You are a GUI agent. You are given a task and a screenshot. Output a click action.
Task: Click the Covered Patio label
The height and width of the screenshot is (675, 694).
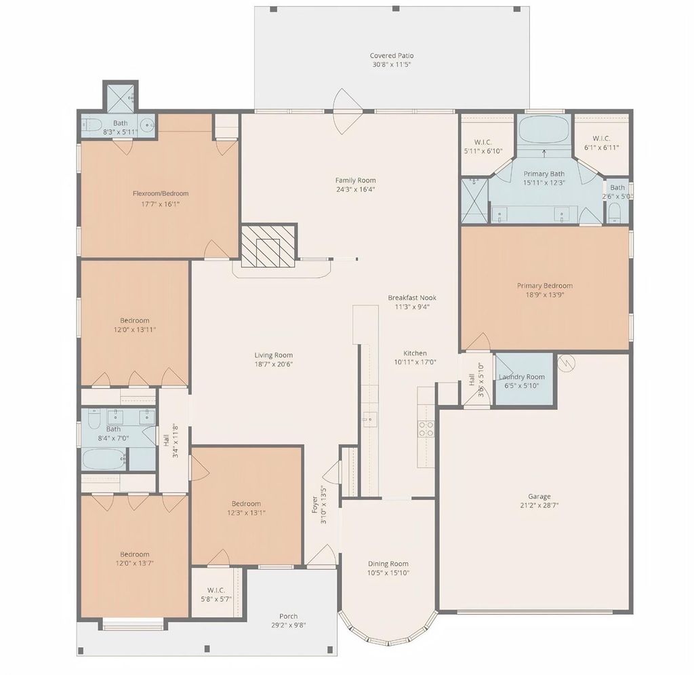click(392, 56)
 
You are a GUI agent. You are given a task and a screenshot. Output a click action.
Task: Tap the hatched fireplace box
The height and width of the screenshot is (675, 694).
click(268, 246)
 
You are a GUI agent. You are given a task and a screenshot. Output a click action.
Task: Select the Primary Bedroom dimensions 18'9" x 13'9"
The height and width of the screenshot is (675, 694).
click(545, 295)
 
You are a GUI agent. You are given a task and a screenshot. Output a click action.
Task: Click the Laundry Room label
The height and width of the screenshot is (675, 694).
click(522, 377)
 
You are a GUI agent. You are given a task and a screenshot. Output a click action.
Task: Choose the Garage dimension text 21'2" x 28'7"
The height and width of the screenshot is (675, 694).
click(539, 505)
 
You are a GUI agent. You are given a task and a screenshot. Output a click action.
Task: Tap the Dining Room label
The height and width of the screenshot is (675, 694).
click(388, 564)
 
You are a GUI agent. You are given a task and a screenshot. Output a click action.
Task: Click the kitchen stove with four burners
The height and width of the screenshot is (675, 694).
click(426, 429)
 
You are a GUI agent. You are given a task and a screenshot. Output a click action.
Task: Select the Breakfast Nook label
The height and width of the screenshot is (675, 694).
click(412, 298)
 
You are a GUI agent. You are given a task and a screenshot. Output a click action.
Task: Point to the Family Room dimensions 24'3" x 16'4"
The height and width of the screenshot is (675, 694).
click(355, 189)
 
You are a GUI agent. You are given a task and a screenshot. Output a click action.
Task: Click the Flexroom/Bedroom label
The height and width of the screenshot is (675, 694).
click(161, 193)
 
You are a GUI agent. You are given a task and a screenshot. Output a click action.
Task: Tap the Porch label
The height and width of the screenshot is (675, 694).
click(289, 616)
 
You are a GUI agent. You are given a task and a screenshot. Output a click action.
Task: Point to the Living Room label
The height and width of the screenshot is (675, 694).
click(274, 355)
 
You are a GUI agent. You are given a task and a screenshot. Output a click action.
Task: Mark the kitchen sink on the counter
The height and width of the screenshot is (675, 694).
click(369, 419)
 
